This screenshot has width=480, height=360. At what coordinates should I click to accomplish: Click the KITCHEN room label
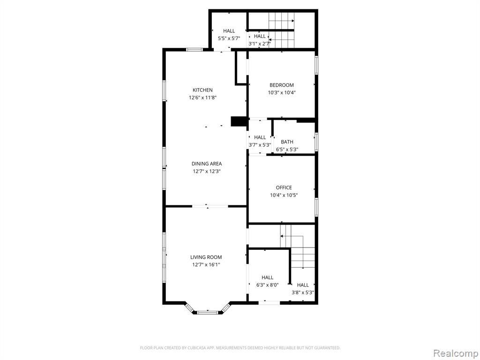pyautogui.click(x=202, y=90)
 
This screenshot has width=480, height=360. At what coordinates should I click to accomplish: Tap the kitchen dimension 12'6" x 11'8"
pyautogui.click(x=202, y=97)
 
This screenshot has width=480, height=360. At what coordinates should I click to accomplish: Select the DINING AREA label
pyautogui.click(x=207, y=164)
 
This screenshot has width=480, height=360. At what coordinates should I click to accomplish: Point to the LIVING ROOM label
pyautogui.click(x=206, y=257)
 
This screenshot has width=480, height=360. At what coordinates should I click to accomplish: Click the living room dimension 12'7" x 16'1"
pyautogui.click(x=206, y=265)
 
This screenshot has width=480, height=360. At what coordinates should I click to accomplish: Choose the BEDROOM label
pyautogui.click(x=281, y=85)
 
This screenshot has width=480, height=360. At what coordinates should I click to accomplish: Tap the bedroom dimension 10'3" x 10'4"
pyautogui.click(x=281, y=93)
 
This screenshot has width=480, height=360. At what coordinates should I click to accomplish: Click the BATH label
pyautogui.click(x=287, y=142)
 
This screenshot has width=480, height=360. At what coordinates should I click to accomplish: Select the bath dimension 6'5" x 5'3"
pyautogui.click(x=287, y=150)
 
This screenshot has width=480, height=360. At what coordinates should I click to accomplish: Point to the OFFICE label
pyautogui.click(x=284, y=187)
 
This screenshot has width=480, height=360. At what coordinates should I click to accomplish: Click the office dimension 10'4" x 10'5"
pyautogui.click(x=284, y=195)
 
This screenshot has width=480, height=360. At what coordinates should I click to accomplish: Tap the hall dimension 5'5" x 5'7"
pyautogui.click(x=229, y=38)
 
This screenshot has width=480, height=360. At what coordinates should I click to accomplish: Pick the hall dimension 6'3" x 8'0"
pyautogui.click(x=267, y=285)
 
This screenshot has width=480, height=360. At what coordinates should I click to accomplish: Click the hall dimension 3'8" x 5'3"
pyautogui.click(x=303, y=292)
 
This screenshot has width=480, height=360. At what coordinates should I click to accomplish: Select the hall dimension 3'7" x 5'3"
pyautogui.click(x=260, y=145)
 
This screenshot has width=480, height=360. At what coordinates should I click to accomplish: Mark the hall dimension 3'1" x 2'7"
pyautogui.click(x=260, y=44)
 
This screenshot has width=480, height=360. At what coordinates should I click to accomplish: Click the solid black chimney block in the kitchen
pyautogui.click(x=239, y=121)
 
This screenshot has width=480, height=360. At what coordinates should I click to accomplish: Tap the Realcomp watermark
pyautogui.click(x=455, y=353)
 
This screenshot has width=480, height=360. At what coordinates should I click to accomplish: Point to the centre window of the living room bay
pyautogui.click(x=207, y=313)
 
